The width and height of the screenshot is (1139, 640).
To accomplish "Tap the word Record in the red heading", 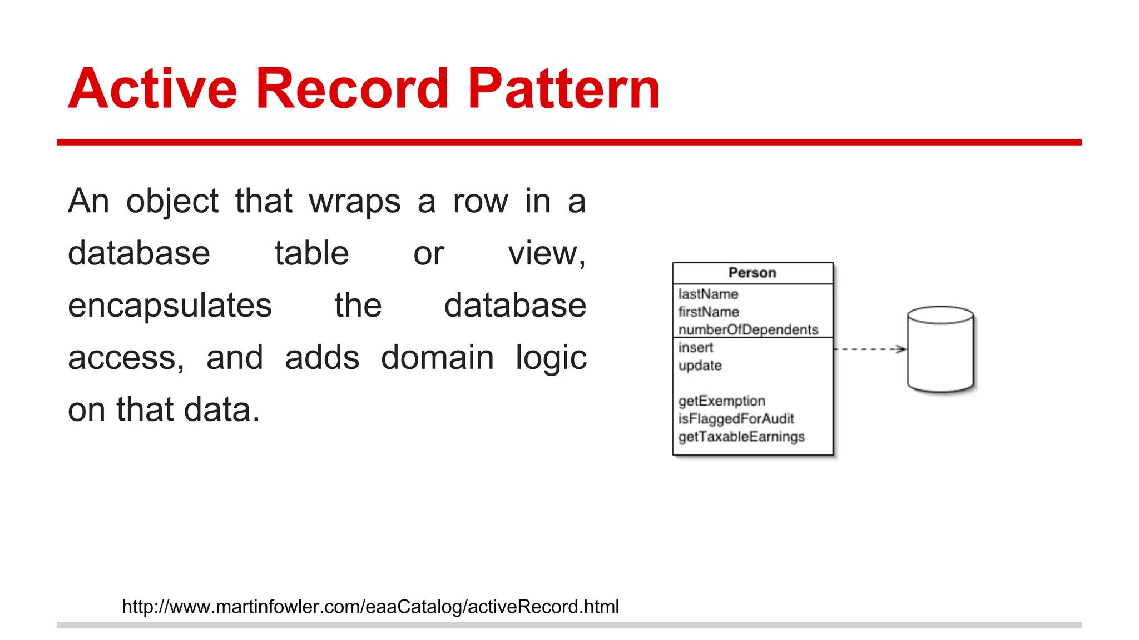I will (x=351, y=88).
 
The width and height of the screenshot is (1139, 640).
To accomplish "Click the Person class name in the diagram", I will (x=752, y=273).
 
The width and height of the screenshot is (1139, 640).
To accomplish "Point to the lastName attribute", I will (x=708, y=294).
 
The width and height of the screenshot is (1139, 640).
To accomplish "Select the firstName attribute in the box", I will (x=709, y=312).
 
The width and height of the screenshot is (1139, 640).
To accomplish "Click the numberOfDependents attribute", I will (x=748, y=329).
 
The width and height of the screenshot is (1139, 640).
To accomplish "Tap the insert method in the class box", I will (x=696, y=348).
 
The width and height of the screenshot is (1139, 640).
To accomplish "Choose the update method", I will (x=700, y=366).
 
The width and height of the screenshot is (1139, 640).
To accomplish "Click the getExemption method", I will (x=721, y=401).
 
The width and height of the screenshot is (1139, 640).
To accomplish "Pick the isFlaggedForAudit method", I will (x=736, y=419).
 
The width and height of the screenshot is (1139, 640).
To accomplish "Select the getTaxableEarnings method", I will (x=741, y=437).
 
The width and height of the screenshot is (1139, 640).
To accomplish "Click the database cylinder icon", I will (x=940, y=349).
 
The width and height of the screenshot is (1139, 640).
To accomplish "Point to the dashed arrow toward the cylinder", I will (x=870, y=349).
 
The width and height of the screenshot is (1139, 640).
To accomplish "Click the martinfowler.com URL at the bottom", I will (x=370, y=607).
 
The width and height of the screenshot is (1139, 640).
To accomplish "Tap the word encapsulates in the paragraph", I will (x=170, y=306).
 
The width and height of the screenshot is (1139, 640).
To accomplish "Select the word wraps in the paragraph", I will (x=354, y=201).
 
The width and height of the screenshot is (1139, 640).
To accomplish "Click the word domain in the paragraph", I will (x=437, y=357).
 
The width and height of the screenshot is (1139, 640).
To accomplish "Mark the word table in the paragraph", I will (x=311, y=253).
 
